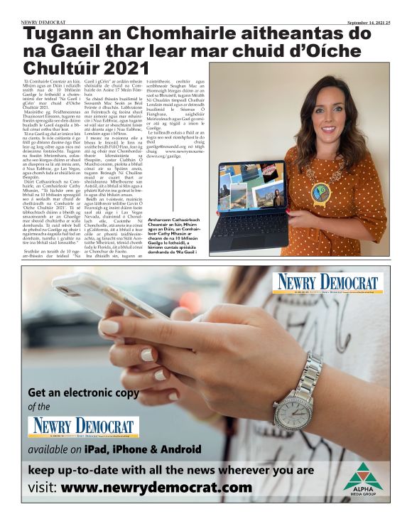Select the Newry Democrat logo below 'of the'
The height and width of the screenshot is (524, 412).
(81, 427)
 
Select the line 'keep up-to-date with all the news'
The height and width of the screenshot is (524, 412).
(170, 470)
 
